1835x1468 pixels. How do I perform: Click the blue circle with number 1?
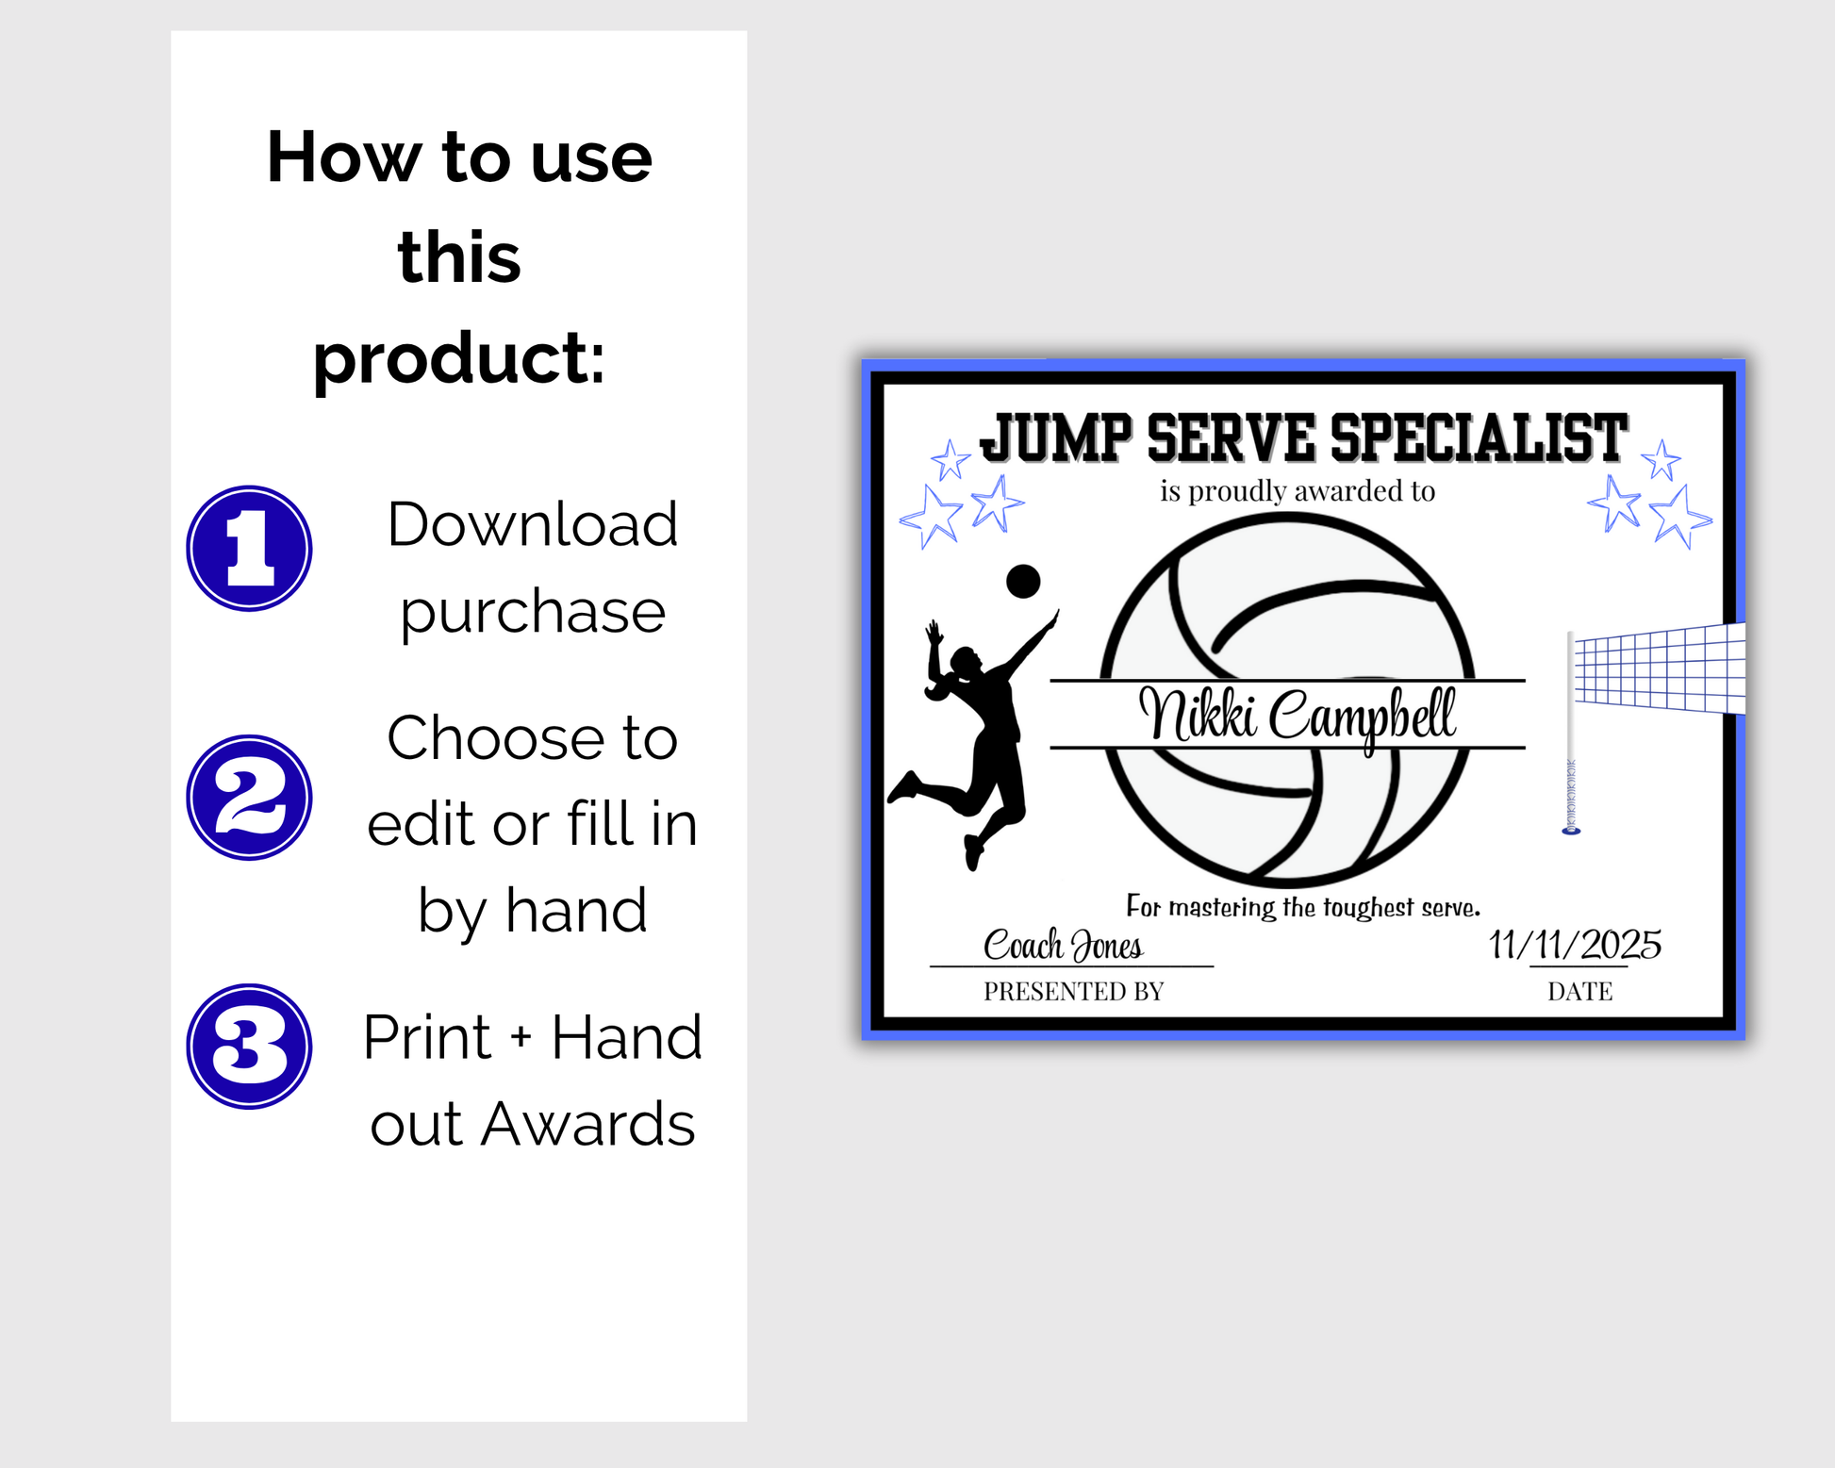point(249,549)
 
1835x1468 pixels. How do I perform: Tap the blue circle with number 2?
point(249,798)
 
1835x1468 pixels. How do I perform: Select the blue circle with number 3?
point(249,1047)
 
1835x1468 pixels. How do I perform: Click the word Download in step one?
point(533,524)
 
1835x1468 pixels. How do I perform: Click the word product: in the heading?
point(459,360)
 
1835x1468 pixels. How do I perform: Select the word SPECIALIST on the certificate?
point(1479,438)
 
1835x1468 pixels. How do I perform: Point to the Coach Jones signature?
point(1064,945)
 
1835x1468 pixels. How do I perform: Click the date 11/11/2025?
point(1575,945)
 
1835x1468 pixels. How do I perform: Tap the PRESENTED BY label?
point(1074,991)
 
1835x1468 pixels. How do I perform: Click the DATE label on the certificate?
point(1580,991)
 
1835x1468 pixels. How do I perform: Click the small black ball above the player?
point(1023,581)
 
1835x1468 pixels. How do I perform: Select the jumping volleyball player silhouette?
point(973,740)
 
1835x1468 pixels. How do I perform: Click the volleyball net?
point(1660,669)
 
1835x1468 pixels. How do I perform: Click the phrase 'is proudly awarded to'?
point(1298,491)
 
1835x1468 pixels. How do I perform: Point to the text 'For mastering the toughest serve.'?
point(1303,907)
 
